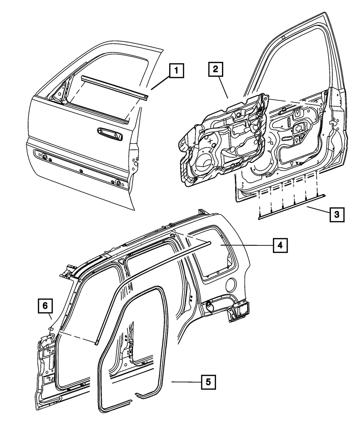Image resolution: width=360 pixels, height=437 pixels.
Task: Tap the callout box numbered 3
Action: click(336, 215)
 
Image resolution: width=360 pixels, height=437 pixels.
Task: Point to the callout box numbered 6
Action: click(45, 306)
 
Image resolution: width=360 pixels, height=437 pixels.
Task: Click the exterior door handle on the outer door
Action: click(110, 133)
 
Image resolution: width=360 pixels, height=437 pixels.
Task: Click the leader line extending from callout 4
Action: click(247, 245)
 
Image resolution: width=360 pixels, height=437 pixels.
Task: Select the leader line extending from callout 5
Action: click(185, 382)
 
